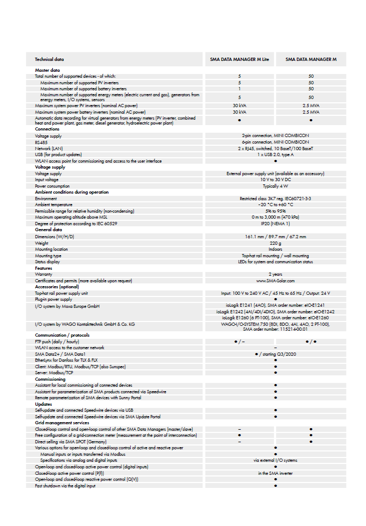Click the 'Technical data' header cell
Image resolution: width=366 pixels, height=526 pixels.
[49, 59]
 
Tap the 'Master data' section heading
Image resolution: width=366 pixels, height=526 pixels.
[47, 70]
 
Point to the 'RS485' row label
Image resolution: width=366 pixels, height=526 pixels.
[41, 142]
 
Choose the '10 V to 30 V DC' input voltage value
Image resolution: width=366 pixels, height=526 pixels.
[276, 180]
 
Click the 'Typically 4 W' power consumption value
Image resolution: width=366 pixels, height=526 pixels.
[276, 186]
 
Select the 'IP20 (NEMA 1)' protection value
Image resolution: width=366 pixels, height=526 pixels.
[276, 224]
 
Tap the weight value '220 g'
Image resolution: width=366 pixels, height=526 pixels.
[276, 243]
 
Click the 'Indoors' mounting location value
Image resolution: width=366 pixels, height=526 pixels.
[276, 249]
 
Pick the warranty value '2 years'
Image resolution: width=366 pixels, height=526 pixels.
[276, 274]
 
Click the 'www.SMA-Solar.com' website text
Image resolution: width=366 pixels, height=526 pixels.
[276, 281]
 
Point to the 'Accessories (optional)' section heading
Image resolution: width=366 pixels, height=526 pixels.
[57, 287]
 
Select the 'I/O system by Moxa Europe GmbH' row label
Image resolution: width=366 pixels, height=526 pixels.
[67, 306]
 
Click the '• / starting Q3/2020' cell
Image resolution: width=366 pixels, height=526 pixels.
[276, 354]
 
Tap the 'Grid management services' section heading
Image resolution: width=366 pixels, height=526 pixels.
[62, 423]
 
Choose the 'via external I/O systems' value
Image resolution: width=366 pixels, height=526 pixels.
[276, 460]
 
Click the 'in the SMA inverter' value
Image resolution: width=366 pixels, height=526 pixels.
[276, 473]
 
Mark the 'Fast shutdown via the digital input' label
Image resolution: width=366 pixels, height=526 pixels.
[65, 486]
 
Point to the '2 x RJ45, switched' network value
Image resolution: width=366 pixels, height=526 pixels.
[276, 148]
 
